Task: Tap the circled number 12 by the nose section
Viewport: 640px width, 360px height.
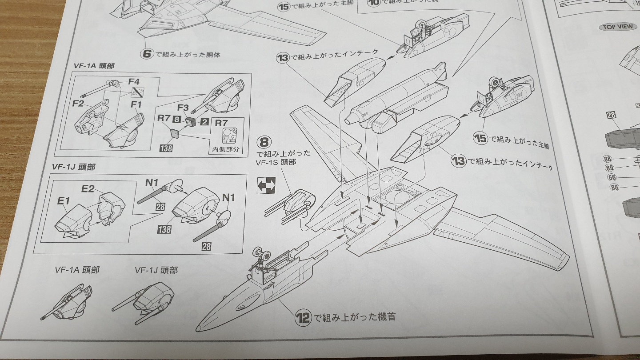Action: pos(302,317)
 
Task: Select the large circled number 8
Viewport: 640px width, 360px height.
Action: pos(264,142)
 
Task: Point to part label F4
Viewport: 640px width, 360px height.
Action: pos(134,82)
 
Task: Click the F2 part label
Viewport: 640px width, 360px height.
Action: pos(78,104)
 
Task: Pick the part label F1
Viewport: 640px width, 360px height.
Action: pos(136,105)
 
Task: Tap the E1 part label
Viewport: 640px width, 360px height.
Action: pos(64,201)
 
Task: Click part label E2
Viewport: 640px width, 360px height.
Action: pos(88,188)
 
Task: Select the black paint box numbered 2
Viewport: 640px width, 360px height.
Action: pos(204,120)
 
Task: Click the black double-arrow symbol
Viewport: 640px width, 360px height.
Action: pos(266,185)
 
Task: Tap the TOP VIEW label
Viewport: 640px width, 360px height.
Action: pos(617,27)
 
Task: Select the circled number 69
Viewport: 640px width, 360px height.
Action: pos(609,168)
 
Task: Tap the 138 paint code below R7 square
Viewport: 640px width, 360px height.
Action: pos(165,148)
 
